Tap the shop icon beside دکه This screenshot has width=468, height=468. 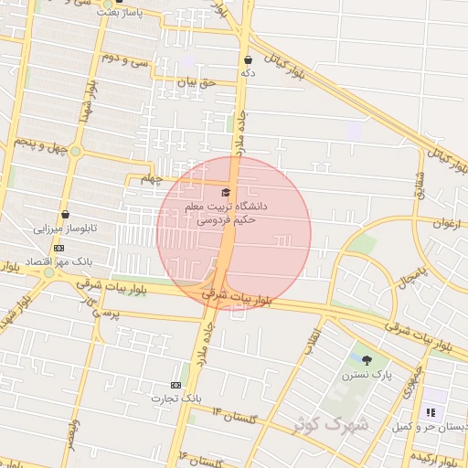[248, 59]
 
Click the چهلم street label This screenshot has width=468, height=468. [152, 179]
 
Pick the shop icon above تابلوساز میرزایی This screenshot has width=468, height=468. [65, 214]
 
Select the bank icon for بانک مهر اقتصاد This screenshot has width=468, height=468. [58, 248]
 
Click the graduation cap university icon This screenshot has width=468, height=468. [226, 191]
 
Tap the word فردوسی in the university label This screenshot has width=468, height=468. [208, 220]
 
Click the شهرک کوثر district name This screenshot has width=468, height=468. [330, 424]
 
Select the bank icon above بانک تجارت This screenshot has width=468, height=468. [176, 385]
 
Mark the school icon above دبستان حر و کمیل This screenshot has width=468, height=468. [431, 412]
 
